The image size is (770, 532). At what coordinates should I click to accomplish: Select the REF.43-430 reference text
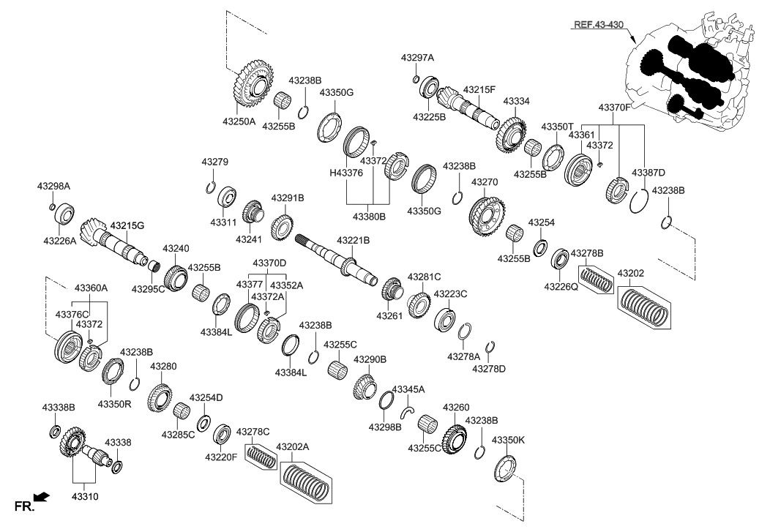pos(598,25)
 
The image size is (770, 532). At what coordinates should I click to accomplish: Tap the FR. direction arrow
pos(42,498)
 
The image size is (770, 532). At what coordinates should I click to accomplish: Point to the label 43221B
pos(353,240)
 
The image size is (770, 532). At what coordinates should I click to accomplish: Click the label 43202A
pos(293,446)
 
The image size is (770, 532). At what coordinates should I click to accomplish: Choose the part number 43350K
pos(508,440)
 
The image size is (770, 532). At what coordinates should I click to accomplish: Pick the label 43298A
pos(53,187)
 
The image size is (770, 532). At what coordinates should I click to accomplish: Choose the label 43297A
pos(417,57)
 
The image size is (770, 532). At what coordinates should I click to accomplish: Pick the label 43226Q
pos(561,288)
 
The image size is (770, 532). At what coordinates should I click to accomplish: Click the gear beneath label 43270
pos(485,213)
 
